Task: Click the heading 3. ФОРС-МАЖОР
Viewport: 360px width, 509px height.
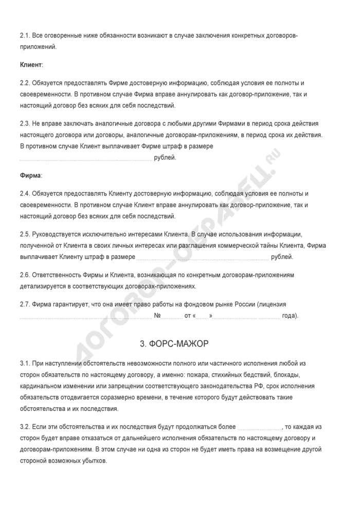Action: (x=179, y=343)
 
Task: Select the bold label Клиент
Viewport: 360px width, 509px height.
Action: (x=31, y=65)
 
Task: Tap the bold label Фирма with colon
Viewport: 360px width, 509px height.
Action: (x=30, y=176)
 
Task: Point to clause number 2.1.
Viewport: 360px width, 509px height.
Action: (x=25, y=35)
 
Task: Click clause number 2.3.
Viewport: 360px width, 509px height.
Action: (x=25, y=124)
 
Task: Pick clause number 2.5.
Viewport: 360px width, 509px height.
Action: (x=25, y=233)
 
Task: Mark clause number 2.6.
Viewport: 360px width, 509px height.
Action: (x=25, y=275)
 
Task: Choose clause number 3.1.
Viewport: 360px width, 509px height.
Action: (x=25, y=364)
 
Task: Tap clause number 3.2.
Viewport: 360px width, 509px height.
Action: (x=25, y=427)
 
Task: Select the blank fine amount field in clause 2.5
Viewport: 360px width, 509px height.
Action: (x=203, y=257)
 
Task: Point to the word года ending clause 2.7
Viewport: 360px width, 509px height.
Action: (x=289, y=315)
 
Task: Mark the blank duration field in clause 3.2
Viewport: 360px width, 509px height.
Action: (x=260, y=427)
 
